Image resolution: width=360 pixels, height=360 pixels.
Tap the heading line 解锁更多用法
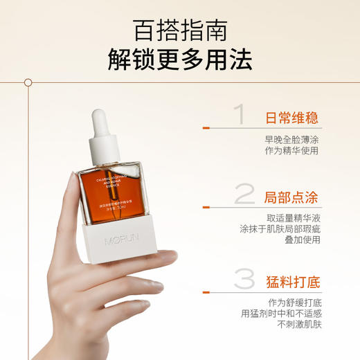click(179, 62)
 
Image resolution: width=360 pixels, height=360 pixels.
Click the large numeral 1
click(239, 115)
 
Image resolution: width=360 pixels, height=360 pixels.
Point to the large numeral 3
click(244, 280)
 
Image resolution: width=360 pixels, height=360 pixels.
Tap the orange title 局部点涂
click(291, 197)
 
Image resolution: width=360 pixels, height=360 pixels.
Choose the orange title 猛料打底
click(291, 282)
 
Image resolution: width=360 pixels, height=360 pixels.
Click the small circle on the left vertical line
click(28, 82)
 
